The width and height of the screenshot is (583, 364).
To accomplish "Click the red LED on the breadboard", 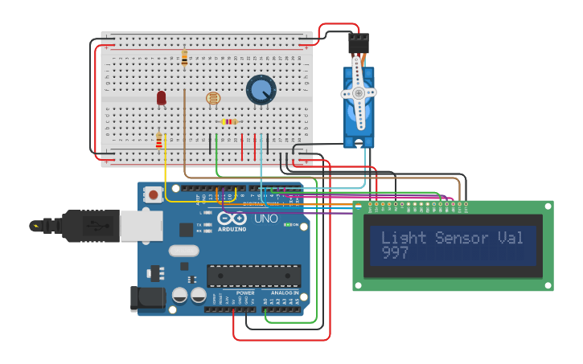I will coord(161,97).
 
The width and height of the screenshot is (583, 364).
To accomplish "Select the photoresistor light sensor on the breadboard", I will coord(212,98).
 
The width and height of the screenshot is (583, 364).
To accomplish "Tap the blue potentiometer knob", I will coord(261,90).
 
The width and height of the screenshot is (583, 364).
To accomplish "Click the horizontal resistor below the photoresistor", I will coord(229,122).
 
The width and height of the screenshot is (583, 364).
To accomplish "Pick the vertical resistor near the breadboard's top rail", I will coord(184,58).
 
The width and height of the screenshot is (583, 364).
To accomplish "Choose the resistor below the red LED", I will coord(158,141).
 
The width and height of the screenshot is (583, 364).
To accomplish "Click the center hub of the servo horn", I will coord(358,93).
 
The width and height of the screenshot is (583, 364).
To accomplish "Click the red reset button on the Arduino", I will coord(153,194).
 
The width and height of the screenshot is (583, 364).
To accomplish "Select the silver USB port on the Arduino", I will coord(141,226).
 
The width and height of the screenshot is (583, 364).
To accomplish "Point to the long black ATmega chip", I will coord(253,276).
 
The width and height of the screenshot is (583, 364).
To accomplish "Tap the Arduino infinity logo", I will coord(231,219).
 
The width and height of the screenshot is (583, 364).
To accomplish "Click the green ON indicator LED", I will coord(286,225).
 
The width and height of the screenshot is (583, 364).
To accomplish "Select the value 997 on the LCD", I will coord(395,253).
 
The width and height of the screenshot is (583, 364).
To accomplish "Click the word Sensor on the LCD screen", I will coord(462,238).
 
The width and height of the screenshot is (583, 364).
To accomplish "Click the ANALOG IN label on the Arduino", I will coord(283,293).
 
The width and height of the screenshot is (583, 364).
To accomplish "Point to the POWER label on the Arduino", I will coord(245,293).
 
